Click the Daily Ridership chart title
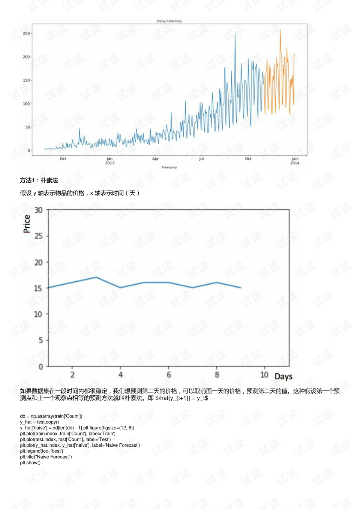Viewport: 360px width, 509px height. [169, 21]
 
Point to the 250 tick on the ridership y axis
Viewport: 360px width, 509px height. [26, 33]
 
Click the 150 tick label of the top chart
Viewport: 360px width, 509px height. [26, 80]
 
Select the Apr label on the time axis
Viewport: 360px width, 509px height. [155, 159]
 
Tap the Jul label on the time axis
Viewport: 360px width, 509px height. [201, 159]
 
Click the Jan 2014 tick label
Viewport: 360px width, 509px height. [295, 161]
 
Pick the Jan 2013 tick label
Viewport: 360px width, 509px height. [109, 161]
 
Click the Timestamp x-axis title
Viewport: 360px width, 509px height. [169, 167]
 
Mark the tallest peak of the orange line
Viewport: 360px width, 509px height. [280, 30]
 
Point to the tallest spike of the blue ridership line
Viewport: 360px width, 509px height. [235, 35]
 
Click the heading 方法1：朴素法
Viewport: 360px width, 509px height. [39, 180]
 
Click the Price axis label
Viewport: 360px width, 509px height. [27, 224]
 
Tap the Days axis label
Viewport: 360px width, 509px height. [283, 376]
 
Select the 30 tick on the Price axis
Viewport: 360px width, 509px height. [38, 210]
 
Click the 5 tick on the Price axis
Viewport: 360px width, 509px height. [40, 340]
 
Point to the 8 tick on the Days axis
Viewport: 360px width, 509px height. [217, 374]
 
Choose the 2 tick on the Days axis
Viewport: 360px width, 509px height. [72, 374]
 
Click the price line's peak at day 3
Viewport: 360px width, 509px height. [96, 277]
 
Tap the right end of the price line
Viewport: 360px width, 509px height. [241, 288]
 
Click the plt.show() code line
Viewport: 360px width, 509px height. [30, 462]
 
